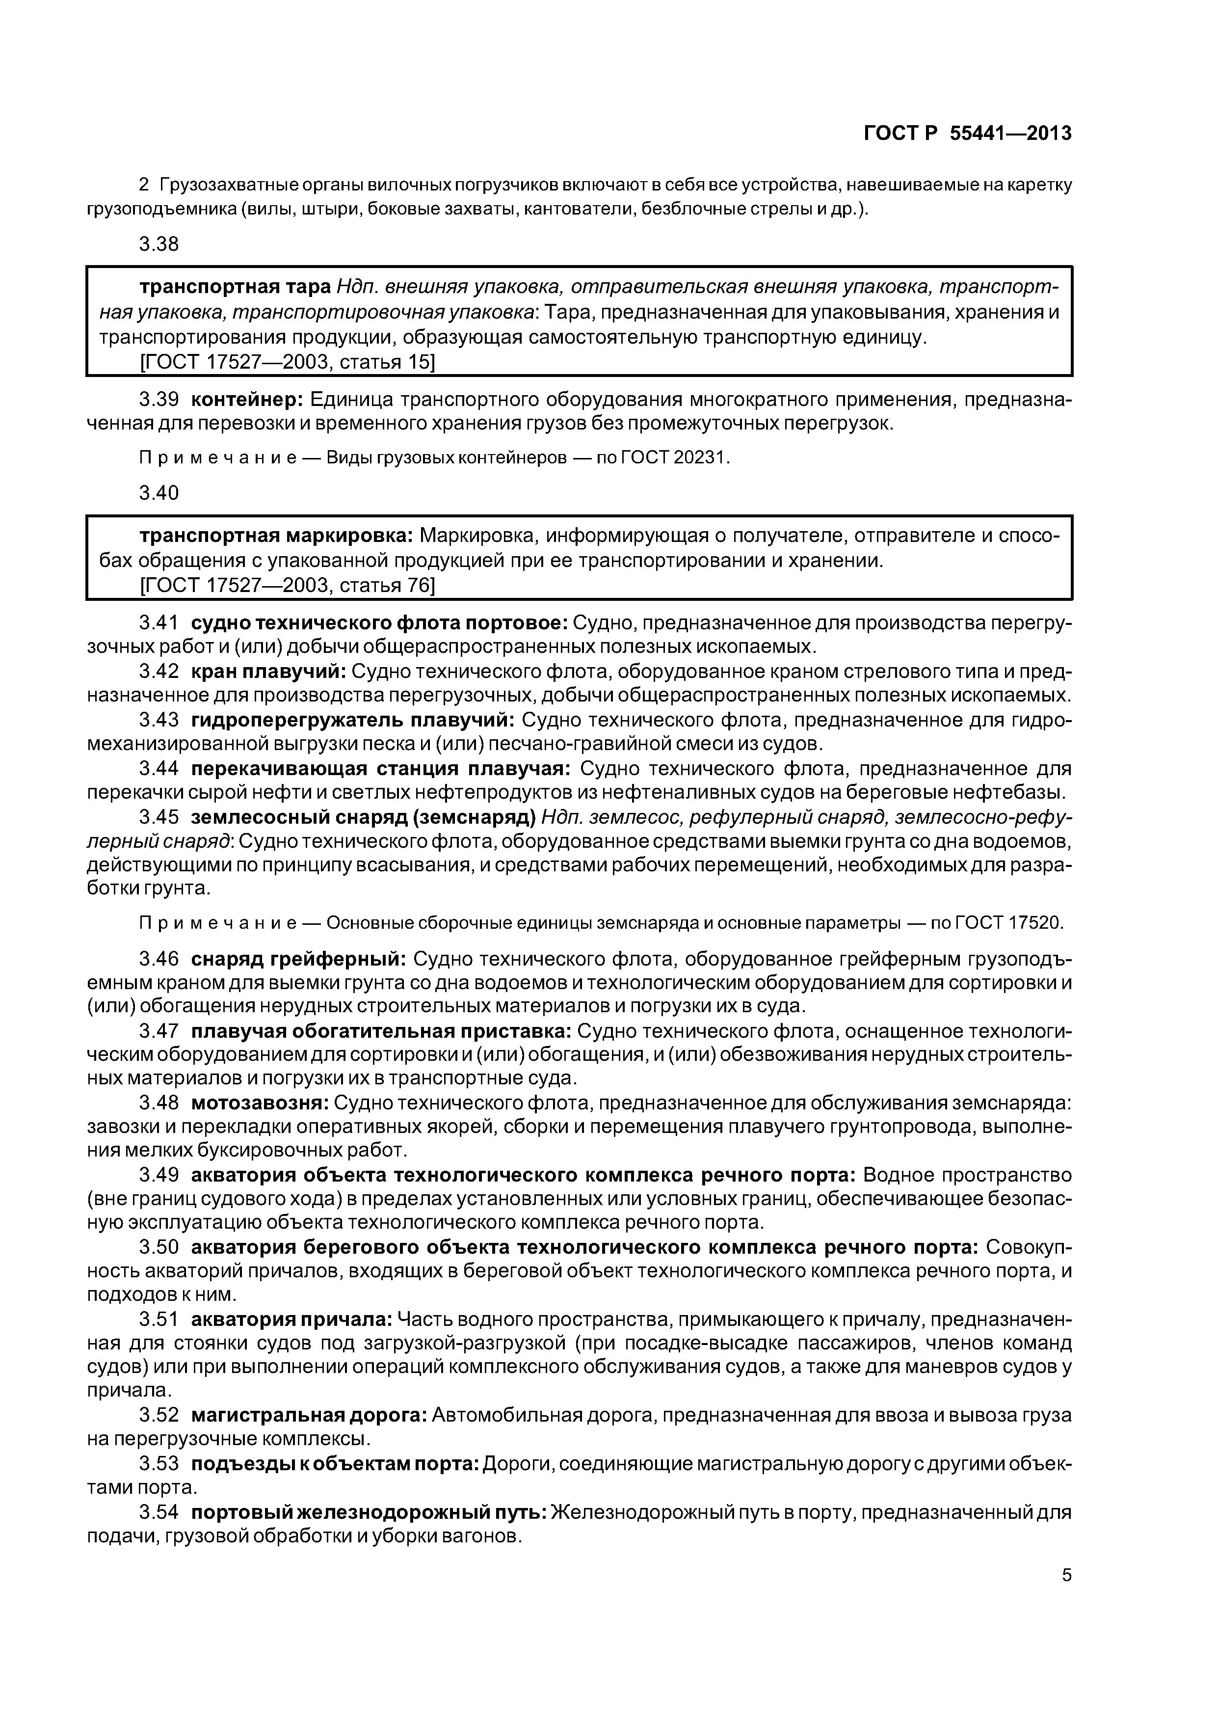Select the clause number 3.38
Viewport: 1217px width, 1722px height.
coord(159,244)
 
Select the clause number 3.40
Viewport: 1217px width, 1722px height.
coord(159,493)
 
